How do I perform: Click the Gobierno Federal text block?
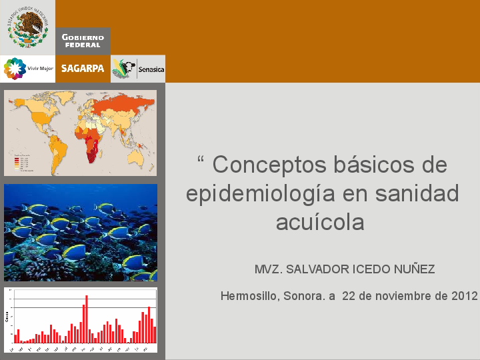(x=83, y=41)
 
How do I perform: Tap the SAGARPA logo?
(x=83, y=69)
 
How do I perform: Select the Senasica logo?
(x=138, y=69)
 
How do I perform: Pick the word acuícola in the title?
(x=320, y=222)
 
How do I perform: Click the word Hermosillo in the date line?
(x=249, y=296)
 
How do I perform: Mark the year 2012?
(x=464, y=296)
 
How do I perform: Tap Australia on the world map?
(x=137, y=155)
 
